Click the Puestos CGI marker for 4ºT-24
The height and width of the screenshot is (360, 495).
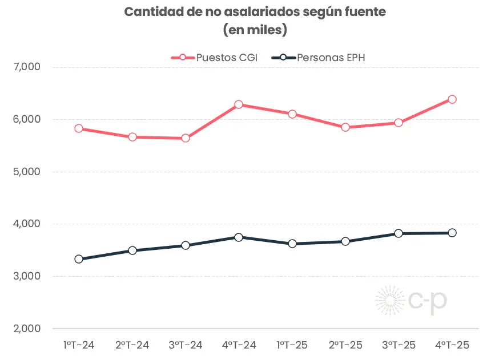(239, 104)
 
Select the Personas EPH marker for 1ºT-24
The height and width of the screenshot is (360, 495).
(79, 259)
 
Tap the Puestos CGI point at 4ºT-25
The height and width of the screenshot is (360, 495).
(452, 99)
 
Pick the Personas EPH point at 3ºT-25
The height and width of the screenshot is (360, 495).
(399, 233)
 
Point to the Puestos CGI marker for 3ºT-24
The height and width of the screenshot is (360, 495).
(186, 138)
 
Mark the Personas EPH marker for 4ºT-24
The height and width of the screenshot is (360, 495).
(239, 237)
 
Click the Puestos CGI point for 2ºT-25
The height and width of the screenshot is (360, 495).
(345, 127)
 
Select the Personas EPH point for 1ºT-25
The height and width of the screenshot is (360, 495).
(292, 244)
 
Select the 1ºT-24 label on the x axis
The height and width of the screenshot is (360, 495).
(79, 345)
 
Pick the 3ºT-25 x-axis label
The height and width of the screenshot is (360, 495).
(399, 345)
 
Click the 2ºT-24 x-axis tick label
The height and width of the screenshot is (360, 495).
(132, 345)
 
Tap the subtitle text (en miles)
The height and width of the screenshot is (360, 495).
(247, 30)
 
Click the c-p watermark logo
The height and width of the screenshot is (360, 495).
(411, 301)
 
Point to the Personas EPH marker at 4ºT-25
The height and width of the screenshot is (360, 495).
(452, 233)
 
